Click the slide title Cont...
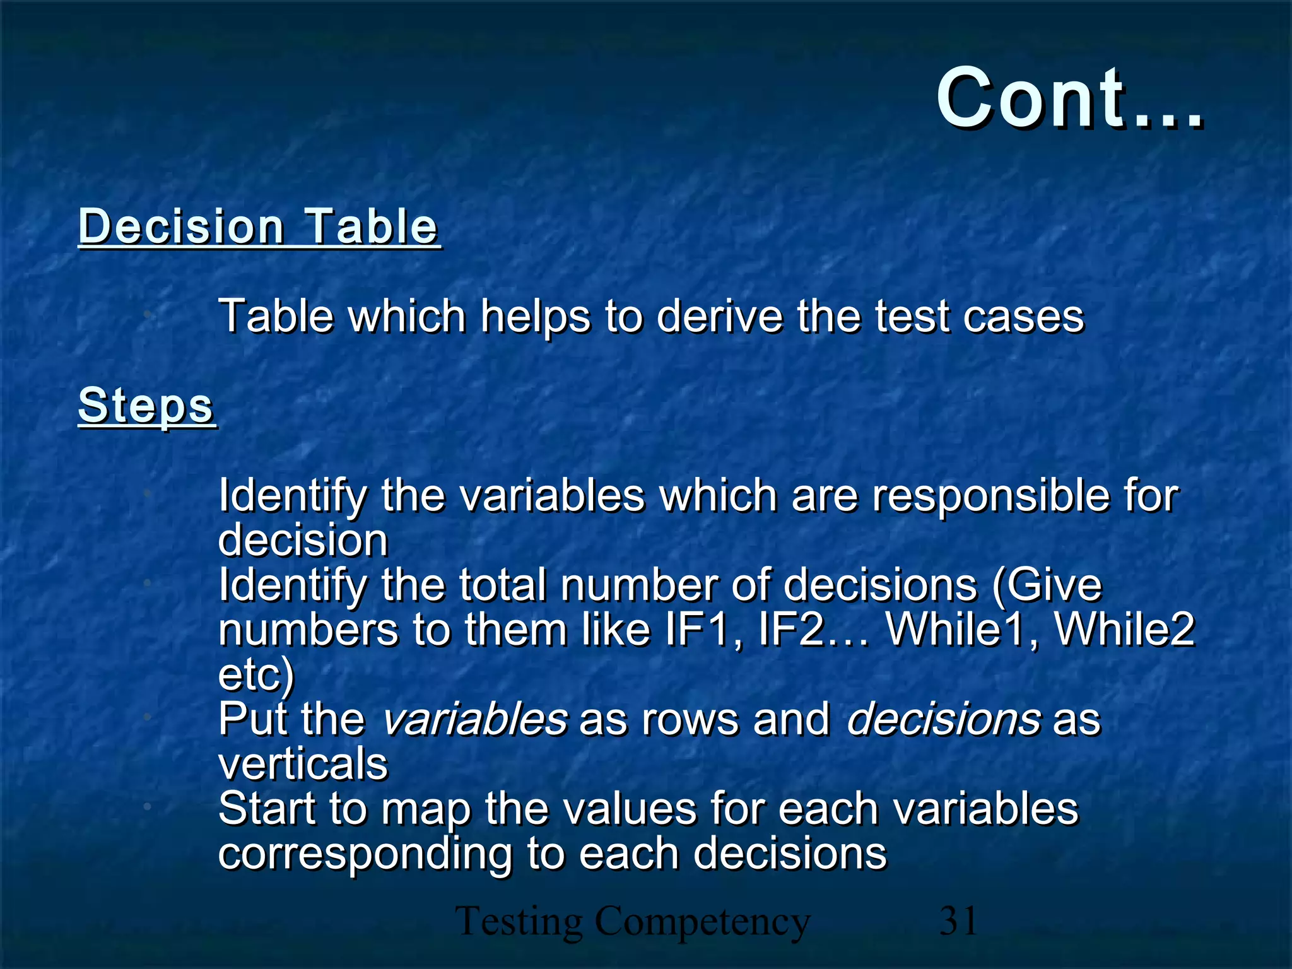pyautogui.click(x=1069, y=100)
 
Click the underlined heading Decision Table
pyautogui.click(x=259, y=226)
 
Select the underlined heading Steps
pyautogui.click(x=146, y=406)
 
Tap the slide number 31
pyautogui.click(x=958, y=920)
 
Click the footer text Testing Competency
pyautogui.click(x=632, y=922)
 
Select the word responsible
pyautogui.click(x=990, y=496)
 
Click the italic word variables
pyautogui.click(x=475, y=720)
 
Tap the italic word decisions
pyautogui.click(x=943, y=720)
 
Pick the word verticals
pyautogui.click(x=303, y=764)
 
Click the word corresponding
pyautogui.click(x=365, y=855)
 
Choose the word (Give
pyautogui.click(x=1047, y=586)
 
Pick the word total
pyautogui.click(x=502, y=585)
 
